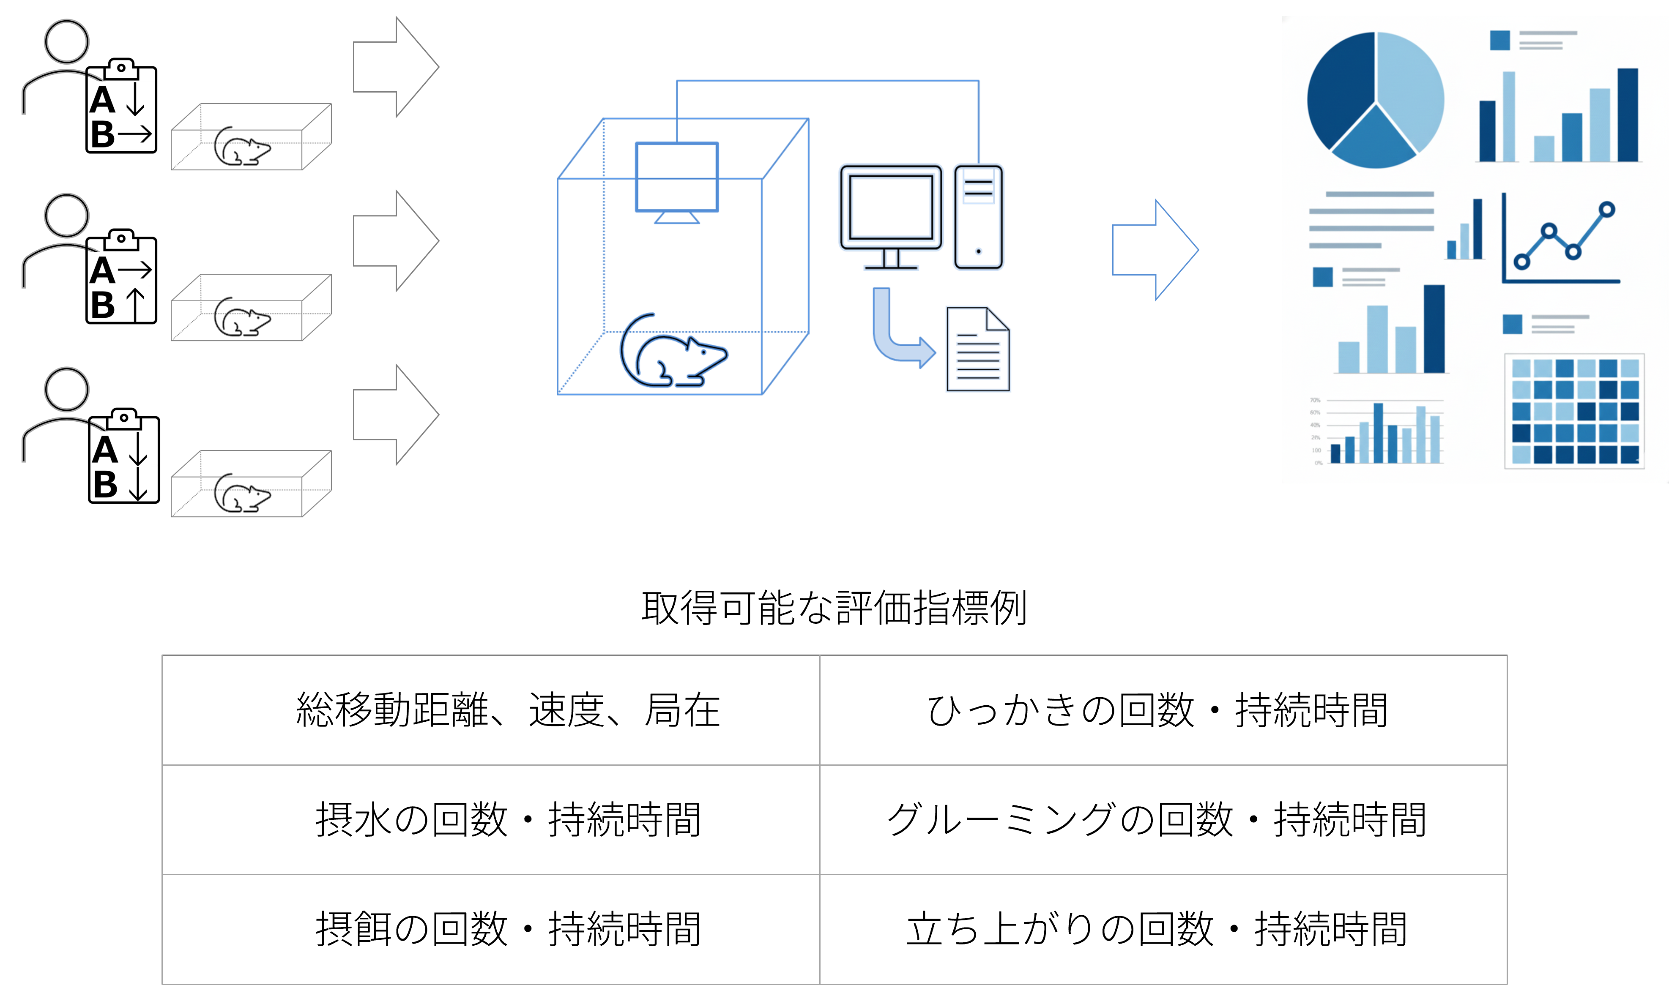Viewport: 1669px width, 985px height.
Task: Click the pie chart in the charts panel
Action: [x=1375, y=100]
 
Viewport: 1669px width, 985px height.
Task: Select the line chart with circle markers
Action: [x=1560, y=239]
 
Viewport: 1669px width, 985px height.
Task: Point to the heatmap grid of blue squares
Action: [x=1574, y=411]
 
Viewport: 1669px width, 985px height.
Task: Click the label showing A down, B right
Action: [x=121, y=115]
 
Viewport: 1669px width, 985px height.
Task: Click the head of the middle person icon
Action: [x=66, y=215]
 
